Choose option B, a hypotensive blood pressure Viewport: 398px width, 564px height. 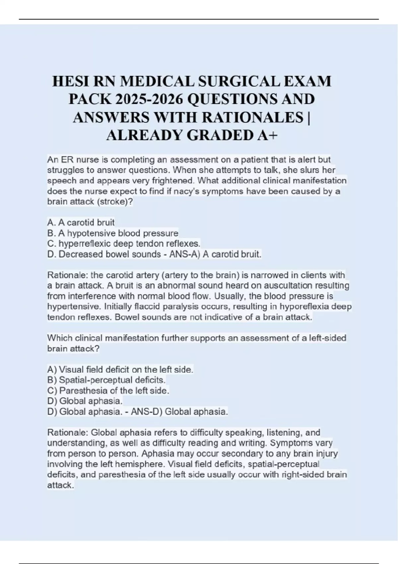(x=113, y=233)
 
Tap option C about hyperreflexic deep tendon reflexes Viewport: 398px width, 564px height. (x=124, y=244)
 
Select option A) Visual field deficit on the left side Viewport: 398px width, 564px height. (x=120, y=370)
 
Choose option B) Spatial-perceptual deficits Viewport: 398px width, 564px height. (x=106, y=380)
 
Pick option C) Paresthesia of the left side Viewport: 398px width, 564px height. (x=108, y=390)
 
